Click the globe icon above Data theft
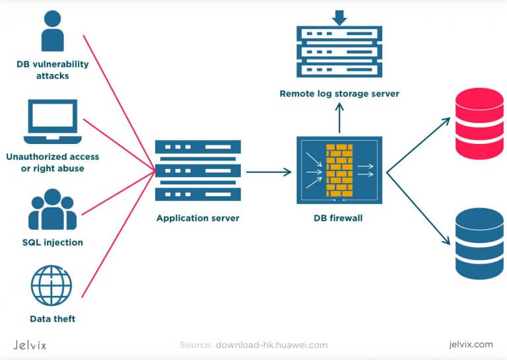(52, 285)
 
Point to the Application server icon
(196, 171)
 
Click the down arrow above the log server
(339, 16)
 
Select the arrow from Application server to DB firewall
(268, 172)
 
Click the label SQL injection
(53, 242)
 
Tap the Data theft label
(53, 319)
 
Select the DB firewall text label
(339, 218)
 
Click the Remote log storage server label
(339, 94)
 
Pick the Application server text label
(196, 218)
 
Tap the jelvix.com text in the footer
(470, 344)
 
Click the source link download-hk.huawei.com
(271, 345)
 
